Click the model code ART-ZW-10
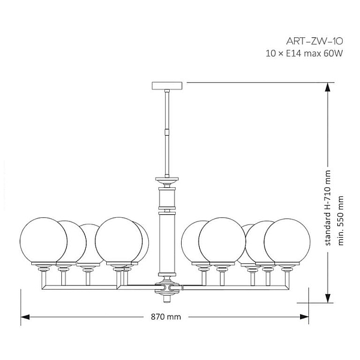coord(314,41)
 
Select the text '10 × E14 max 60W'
coord(304,54)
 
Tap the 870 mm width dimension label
coord(166,317)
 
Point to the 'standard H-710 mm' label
coord(328,208)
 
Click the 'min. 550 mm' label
coord(341,220)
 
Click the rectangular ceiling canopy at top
coord(167,85)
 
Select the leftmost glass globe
coord(43,241)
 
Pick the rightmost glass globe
coord(287,242)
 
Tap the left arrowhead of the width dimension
coord(25,317)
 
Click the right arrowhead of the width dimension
coord(304,317)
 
